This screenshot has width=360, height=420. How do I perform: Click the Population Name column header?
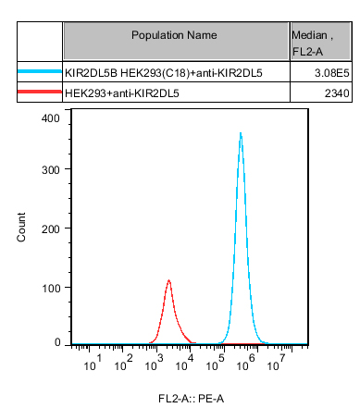pyautogui.click(x=174, y=35)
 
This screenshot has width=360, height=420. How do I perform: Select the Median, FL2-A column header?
pyautogui.click(x=312, y=43)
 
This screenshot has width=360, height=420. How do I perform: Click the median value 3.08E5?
pyautogui.click(x=332, y=73)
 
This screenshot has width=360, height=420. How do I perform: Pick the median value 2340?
pyautogui.click(x=337, y=93)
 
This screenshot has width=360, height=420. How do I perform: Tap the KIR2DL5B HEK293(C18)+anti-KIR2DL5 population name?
pyautogui.click(x=164, y=73)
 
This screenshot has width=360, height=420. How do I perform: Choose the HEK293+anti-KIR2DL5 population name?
pyautogui.click(x=122, y=93)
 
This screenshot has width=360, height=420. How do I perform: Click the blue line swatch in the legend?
pyautogui.click(x=40, y=71)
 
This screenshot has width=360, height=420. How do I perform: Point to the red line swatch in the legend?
pyautogui.click(x=40, y=92)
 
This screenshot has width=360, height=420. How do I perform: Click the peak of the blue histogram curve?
pyautogui.click(x=241, y=133)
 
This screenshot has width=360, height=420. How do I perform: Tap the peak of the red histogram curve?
pyautogui.click(x=168, y=280)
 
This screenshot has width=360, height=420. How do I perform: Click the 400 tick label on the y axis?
pyautogui.click(x=51, y=118)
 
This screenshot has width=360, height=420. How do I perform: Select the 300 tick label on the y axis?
pyautogui.click(x=51, y=170)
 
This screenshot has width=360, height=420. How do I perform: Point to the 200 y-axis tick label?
pyautogui.click(x=51, y=229)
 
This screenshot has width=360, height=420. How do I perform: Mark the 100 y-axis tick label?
pyautogui.click(x=51, y=289)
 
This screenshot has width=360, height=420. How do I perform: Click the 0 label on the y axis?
pyautogui.click(x=57, y=342)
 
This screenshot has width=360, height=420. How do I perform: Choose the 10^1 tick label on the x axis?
pyautogui.click(x=93, y=363)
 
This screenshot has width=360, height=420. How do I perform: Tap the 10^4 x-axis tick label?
pyautogui.click(x=184, y=363)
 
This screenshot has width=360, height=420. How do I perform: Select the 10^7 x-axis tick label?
pyautogui.click(x=276, y=363)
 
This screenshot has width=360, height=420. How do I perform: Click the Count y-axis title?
pyautogui.click(x=21, y=227)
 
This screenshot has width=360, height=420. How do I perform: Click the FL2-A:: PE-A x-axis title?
pyautogui.click(x=191, y=399)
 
